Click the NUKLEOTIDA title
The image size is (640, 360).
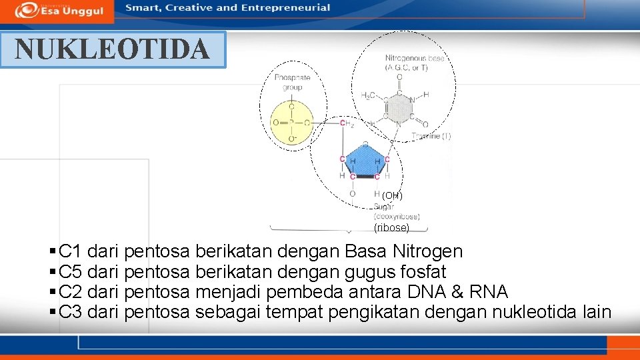pos(112,49)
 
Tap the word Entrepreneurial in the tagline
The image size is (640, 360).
pos(285,8)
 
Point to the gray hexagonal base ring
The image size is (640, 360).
pos(399,108)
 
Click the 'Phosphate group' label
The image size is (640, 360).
pos(292,83)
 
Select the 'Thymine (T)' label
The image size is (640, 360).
pos(431,136)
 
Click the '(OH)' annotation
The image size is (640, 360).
pos(392,195)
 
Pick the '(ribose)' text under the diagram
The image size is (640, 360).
pos(392,227)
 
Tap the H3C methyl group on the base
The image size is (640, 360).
pos(368,95)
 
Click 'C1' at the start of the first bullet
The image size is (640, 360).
pos(70,252)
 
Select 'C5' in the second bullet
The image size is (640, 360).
pos(70,272)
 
